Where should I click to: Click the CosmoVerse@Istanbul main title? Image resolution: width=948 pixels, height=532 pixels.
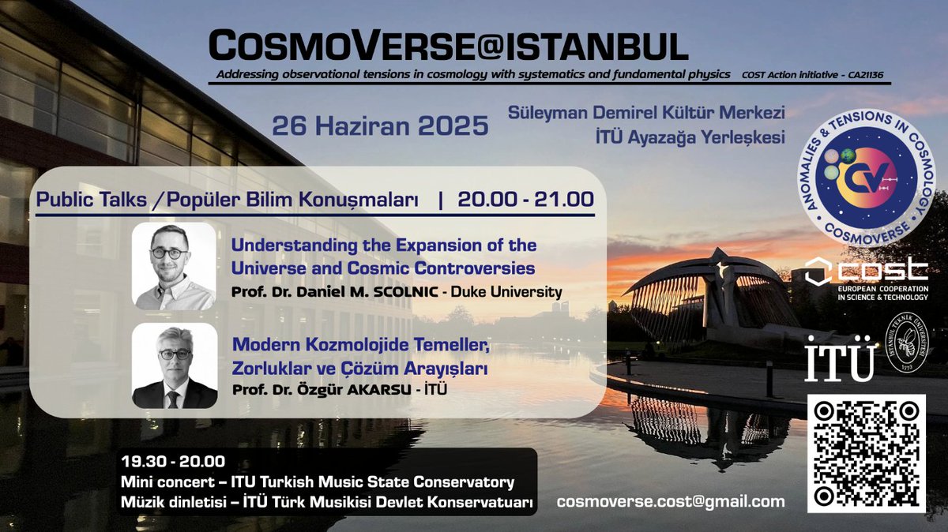point(448,47)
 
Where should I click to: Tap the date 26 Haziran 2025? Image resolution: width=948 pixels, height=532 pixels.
point(379,126)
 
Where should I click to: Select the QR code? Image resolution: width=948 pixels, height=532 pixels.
point(867,453)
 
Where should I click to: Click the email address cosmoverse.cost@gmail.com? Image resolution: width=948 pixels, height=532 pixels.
point(671,501)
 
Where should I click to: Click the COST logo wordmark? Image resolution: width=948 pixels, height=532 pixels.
point(866,271)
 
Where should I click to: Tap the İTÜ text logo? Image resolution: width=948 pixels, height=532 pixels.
point(839,361)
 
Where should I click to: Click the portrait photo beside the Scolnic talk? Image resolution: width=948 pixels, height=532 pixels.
point(174,266)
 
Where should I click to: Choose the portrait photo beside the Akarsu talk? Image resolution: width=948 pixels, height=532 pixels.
point(174,365)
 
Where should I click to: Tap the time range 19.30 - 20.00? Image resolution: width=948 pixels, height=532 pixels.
point(172,462)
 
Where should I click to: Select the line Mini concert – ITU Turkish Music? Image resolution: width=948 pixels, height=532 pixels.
point(318,481)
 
